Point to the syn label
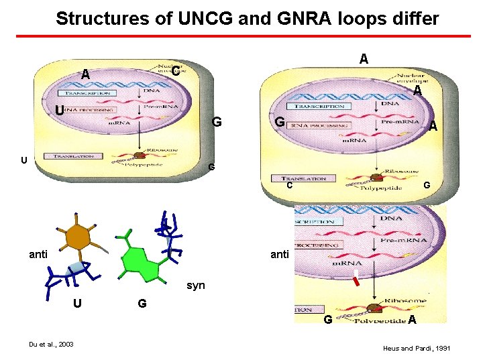pyautogui.click(x=196, y=285)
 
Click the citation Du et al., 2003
pyautogui.click(x=51, y=345)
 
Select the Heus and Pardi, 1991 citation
pyautogui.click(x=416, y=349)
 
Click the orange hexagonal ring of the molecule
pyautogui.click(x=78, y=236)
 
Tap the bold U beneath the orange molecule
pyautogui.click(x=78, y=304)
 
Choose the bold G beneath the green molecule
pyautogui.click(x=142, y=304)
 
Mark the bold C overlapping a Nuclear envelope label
pyautogui.click(x=174, y=70)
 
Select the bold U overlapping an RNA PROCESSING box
pyautogui.click(x=60, y=110)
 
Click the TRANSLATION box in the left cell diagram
pyautogui.click(x=73, y=156)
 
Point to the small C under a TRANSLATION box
pyautogui.click(x=289, y=186)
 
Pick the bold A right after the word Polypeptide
pyautogui.click(x=412, y=320)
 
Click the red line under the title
pyautogui.click(x=241, y=36)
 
